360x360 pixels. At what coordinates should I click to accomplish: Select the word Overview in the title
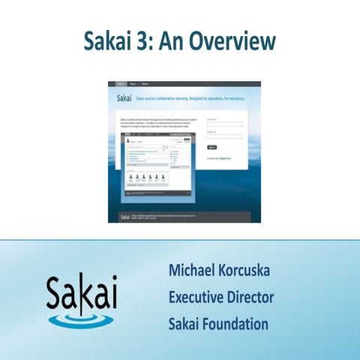click(232, 40)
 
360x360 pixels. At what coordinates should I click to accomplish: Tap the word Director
click(253, 297)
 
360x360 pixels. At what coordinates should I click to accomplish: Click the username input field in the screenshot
click(224, 124)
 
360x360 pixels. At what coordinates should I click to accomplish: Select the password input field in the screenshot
click(224, 136)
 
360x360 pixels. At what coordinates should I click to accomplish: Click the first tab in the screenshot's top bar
click(121, 84)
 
